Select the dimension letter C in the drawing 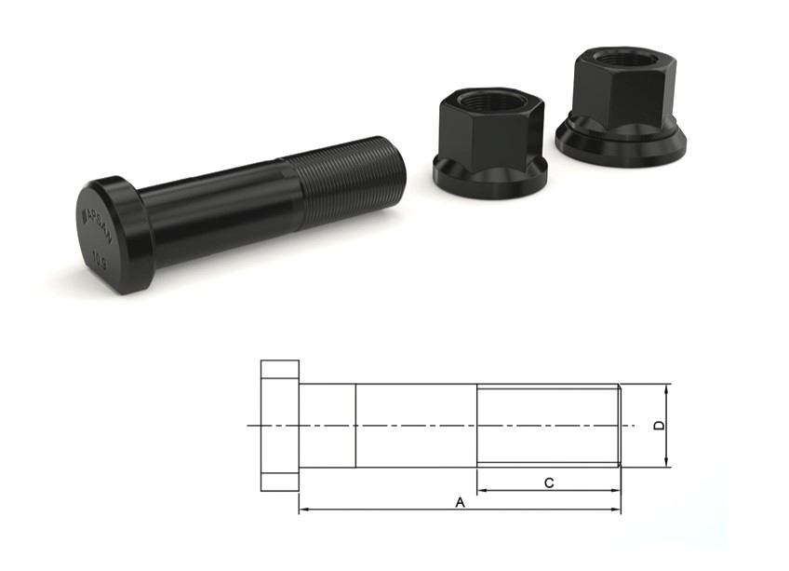tap(549, 482)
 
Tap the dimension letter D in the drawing tap(659, 426)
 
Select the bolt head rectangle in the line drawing tap(279, 425)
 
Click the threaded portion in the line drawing tap(548, 425)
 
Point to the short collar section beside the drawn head tap(328, 425)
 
